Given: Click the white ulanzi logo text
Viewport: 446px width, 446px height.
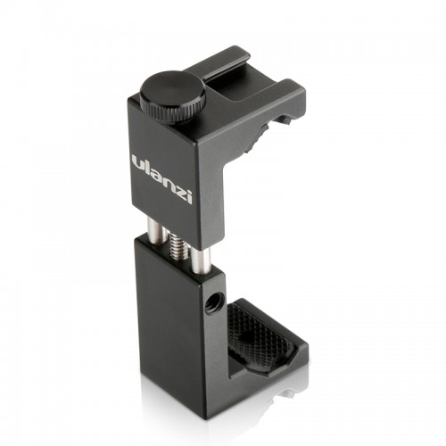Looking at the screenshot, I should (161, 178).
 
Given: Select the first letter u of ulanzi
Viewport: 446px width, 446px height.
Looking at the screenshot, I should (138, 164).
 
